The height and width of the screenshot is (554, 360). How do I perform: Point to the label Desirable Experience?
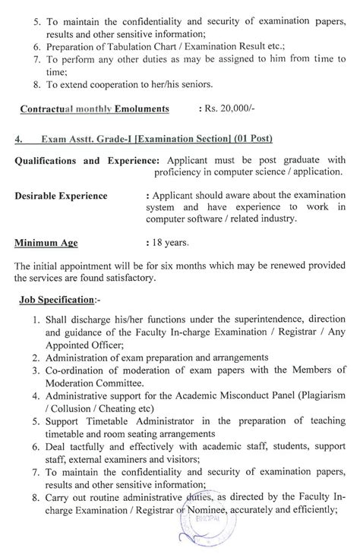[x=61, y=196]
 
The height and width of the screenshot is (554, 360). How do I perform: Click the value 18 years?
[x=167, y=244]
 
